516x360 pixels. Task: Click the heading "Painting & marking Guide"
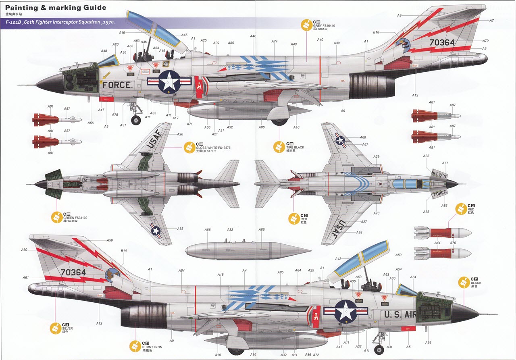pyautogui.click(x=56, y=8)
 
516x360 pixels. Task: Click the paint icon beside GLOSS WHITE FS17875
pyautogui.click(x=189, y=148)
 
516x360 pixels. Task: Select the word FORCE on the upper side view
pyautogui.click(x=117, y=85)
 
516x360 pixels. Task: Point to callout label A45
pyautogui.click(x=184, y=35)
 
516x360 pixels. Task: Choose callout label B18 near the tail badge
pyautogui.click(x=376, y=32)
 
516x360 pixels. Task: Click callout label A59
pyautogui.click(x=110, y=240)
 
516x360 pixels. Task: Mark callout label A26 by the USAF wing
pyautogui.click(x=180, y=134)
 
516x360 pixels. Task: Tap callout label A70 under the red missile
pyautogui.click(x=453, y=243)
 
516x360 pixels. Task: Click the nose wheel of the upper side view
pyautogui.click(x=136, y=119)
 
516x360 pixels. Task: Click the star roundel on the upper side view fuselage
pyautogui.click(x=167, y=81)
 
